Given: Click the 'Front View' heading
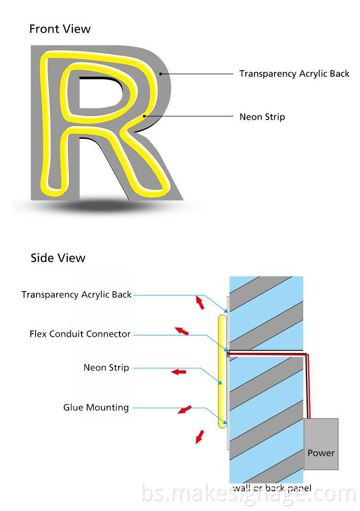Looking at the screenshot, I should click(x=60, y=29).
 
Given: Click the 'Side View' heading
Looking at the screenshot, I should click(x=58, y=258).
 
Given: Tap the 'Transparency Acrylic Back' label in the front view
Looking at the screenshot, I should click(x=294, y=74).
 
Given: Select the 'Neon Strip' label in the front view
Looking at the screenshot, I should click(x=262, y=117).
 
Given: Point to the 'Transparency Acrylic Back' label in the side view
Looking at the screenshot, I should click(x=76, y=294).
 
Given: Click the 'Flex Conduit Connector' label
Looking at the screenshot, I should click(x=80, y=334).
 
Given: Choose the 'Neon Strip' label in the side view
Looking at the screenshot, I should click(x=106, y=368).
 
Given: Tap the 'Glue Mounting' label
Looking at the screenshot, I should click(x=96, y=408).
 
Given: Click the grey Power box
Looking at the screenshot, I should click(x=321, y=444).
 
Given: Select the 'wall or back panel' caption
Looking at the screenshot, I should click(x=272, y=488).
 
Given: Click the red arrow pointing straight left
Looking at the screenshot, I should click(x=179, y=371).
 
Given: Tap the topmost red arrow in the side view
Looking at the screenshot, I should click(x=199, y=303).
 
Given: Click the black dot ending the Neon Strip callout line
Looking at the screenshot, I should click(x=144, y=116).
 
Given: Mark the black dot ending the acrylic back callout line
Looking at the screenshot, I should click(x=161, y=74).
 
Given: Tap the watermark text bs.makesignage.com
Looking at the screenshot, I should click(x=250, y=495).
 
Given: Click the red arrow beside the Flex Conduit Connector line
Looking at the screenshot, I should click(x=181, y=330).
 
